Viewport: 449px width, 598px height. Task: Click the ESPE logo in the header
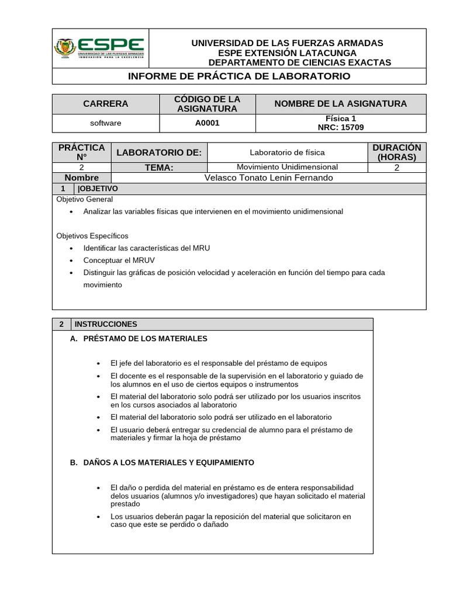99,48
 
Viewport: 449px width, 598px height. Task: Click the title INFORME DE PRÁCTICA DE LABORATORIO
239,77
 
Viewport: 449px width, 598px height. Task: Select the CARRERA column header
106,104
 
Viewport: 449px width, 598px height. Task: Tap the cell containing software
106,123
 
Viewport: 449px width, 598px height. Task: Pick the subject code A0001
208,123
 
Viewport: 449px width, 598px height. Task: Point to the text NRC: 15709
341,127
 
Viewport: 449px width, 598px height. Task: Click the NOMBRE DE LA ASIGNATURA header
341,104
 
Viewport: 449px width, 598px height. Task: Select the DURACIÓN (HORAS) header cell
397,152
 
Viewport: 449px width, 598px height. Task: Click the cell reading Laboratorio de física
287,152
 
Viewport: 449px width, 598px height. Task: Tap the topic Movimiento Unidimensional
287,167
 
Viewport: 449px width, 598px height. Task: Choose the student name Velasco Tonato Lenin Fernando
268,178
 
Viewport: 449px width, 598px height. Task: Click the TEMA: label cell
159,168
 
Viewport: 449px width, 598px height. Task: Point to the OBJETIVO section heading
98,189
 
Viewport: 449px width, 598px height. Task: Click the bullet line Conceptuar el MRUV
119,260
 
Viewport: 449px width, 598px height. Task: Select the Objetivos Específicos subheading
92,236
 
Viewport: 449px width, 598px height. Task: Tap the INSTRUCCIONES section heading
106,324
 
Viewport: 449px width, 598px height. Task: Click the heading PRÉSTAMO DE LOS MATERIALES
145,339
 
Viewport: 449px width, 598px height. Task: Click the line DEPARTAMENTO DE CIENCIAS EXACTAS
300,62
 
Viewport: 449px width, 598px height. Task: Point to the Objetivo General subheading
84,199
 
